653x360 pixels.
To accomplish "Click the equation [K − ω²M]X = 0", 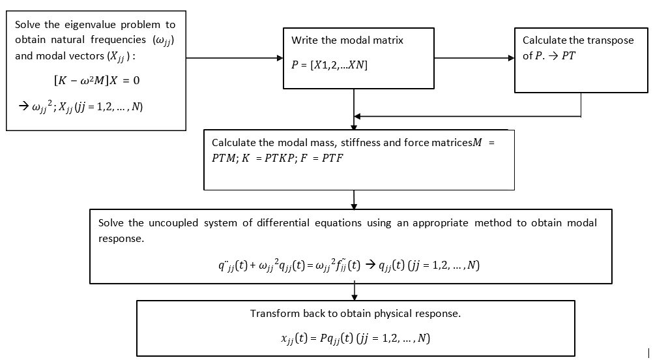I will click(96, 81).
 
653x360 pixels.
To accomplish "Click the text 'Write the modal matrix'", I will click(347, 40).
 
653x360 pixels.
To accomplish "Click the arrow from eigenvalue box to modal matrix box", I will click(235, 58).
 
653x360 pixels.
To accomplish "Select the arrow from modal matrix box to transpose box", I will click(474, 58).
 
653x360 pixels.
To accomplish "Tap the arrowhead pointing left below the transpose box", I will click(358, 117).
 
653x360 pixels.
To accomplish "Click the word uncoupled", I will click(174, 223).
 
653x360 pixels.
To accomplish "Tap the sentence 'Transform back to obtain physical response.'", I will click(355, 314).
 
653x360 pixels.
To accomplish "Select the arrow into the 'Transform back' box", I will click(354, 292).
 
